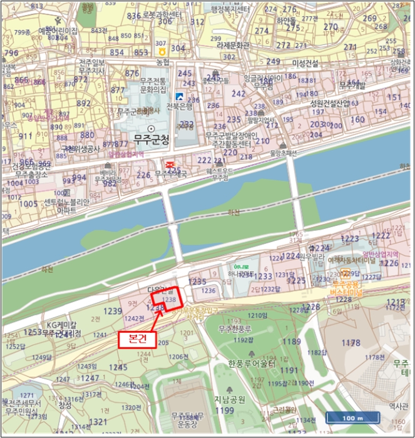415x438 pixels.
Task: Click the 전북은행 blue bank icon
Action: point(180,96)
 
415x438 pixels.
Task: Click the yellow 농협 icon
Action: point(162,51)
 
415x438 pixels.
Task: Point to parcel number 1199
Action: point(225,410)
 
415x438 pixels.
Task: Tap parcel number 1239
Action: point(113,311)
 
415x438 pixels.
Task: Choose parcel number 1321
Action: point(98,422)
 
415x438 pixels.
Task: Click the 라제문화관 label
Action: point(233,45)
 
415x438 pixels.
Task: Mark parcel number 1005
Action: point(28,204)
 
